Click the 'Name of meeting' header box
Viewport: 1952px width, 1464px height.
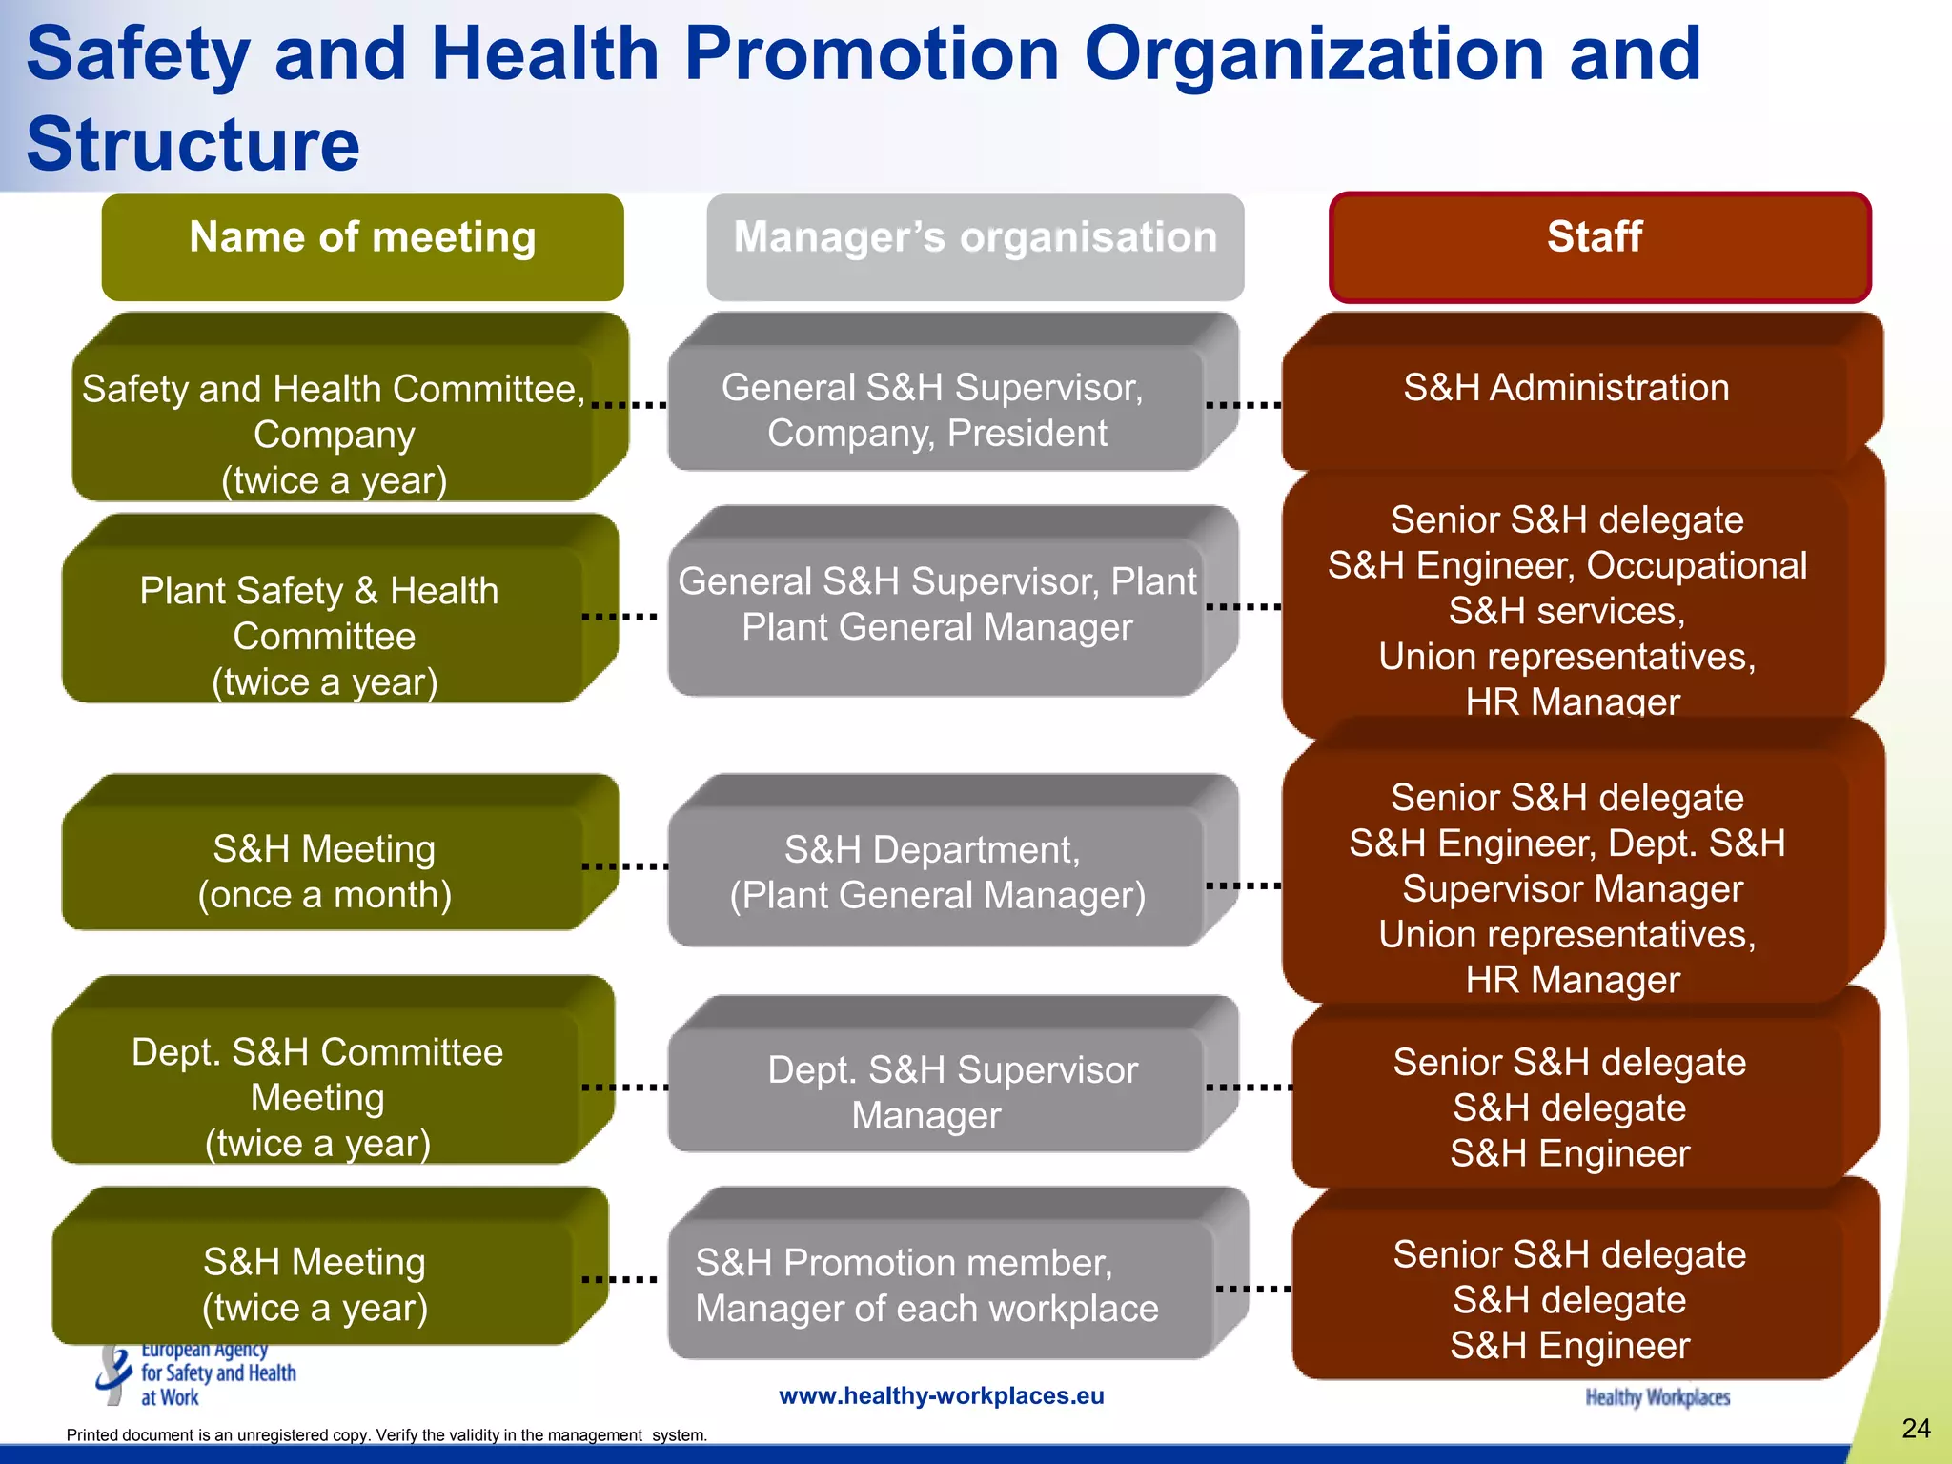coord(362,246)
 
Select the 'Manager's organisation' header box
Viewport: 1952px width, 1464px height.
coord(974,246)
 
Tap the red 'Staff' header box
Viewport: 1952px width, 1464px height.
coord(1599,246)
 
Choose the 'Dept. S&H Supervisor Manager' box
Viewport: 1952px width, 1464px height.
coord(944,1092)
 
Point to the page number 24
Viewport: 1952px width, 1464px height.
coord(1916,1428)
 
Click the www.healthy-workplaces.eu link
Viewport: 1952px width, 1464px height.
coord(941,1395)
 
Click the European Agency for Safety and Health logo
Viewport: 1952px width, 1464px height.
coord(196,1374)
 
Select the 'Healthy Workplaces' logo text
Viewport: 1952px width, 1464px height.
coord(1657,1397)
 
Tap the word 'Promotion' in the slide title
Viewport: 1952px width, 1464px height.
coord(871,53)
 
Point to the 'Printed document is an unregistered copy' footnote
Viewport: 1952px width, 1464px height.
coord(386,1435)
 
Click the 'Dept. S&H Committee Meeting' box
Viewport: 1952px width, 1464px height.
coord(316,1096)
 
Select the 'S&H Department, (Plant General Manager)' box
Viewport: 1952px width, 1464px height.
coord(936,873)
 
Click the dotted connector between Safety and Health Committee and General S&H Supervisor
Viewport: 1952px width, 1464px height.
coord(629,405)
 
